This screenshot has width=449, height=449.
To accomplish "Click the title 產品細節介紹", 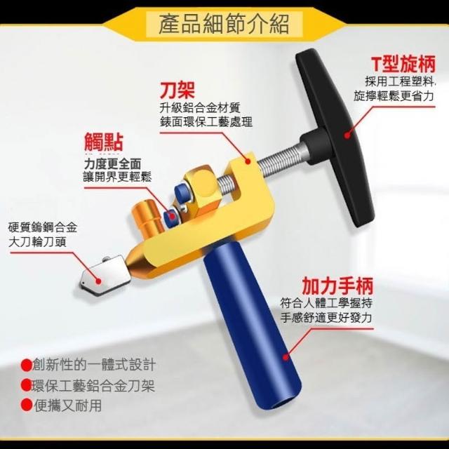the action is point(224,24).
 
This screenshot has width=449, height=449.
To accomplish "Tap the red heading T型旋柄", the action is point(403,64).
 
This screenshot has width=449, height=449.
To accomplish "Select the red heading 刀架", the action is point(177,90).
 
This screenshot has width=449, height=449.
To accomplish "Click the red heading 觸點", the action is point(103,142).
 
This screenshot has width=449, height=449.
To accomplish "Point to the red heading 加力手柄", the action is point(337,286).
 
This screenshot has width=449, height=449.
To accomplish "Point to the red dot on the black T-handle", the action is point(347,135).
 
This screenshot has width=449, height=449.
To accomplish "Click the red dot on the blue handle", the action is point(286,357).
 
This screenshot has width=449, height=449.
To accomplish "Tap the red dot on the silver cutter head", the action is point(98,281).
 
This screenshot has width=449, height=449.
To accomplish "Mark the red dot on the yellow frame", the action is point(248,161).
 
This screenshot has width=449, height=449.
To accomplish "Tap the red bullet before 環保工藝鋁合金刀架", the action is point(26,385).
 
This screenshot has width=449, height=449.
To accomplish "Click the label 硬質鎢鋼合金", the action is point(43,227).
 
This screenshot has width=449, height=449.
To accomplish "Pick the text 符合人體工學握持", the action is point(326,303).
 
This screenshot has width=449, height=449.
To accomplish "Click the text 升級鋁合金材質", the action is point(200,108).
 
